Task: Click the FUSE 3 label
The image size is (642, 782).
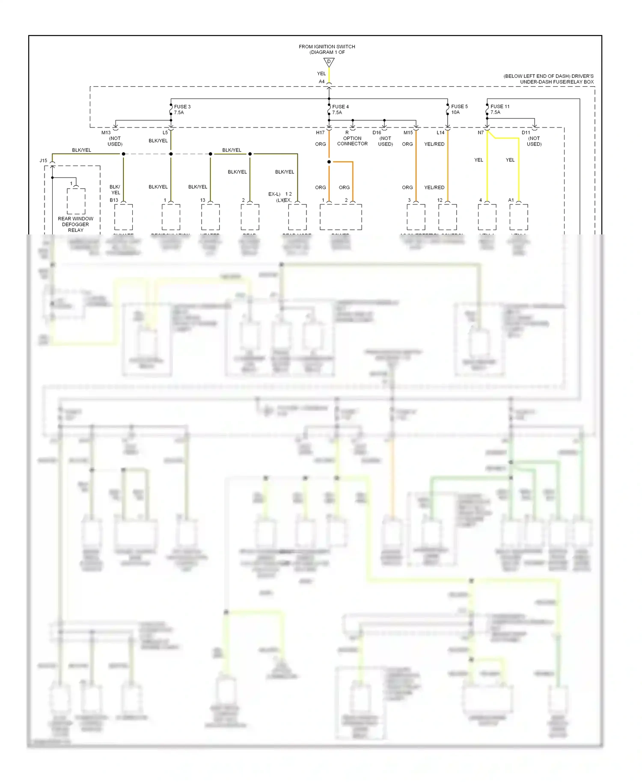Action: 182,107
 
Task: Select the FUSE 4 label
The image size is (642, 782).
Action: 340,107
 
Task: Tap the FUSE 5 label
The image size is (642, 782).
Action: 459,107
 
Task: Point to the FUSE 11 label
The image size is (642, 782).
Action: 500,107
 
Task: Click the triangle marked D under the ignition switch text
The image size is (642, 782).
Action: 329,62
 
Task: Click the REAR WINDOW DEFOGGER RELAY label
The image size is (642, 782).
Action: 76,224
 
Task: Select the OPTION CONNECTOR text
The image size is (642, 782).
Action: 352,141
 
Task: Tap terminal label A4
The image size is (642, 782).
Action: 321,82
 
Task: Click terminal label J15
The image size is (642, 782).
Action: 43,161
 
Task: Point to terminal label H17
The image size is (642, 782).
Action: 320,133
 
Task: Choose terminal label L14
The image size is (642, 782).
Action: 440,133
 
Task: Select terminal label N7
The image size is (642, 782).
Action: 481,133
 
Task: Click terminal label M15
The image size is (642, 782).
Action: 408,133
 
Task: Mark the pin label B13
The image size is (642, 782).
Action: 114,200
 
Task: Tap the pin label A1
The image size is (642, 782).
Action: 511,200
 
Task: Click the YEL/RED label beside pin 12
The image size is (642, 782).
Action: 434,187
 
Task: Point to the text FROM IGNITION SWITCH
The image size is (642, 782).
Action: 327,47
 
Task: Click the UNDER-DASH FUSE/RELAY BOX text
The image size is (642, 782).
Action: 557,82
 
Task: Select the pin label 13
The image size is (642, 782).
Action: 202,200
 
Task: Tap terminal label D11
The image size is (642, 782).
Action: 526,133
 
